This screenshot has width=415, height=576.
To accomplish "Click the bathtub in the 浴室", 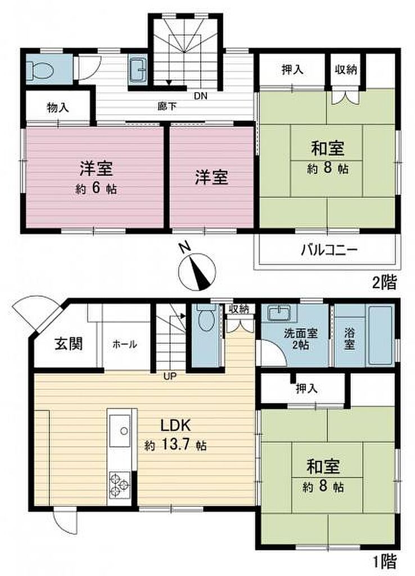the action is (381, 335).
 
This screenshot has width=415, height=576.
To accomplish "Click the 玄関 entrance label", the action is (69, 344).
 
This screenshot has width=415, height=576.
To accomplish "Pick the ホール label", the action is (124, 344).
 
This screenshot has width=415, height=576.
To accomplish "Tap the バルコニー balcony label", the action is (329, 250).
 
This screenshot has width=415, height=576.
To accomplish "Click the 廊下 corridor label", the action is (167, 106).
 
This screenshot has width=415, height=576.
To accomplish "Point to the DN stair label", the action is (201, 96).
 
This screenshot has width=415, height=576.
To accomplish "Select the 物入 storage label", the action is (58, 107).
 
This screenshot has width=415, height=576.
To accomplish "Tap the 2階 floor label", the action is (385, 282).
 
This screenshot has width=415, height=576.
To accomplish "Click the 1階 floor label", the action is (385, 562).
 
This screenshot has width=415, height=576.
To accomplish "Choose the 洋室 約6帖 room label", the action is (96, 177).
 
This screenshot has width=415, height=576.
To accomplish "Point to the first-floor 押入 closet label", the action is (306, 388).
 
